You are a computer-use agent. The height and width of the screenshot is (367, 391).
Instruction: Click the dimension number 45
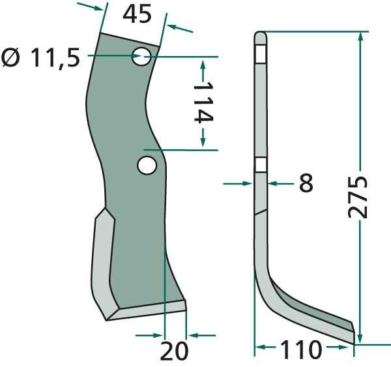137,14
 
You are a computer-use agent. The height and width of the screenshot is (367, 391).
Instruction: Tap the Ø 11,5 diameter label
40,58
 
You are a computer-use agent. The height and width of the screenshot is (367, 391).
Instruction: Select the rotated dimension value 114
203,102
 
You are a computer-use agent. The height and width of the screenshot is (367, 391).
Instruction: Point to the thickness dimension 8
306,183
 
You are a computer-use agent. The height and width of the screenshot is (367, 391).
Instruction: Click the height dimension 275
357,197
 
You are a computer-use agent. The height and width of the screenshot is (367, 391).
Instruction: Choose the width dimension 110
300,349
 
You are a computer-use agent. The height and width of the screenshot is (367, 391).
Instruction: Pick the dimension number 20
174,351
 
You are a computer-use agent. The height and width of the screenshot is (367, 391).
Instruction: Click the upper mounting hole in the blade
141,56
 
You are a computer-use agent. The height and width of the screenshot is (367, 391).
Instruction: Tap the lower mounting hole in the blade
147,165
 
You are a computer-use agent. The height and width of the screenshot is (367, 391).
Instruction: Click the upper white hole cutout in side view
261,54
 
